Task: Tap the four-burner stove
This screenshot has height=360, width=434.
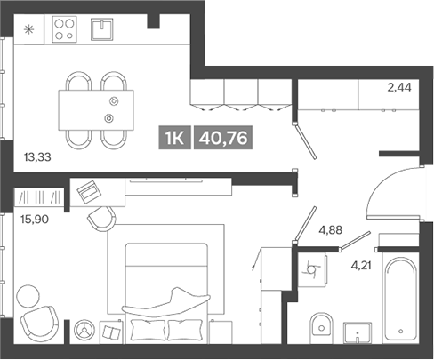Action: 65,30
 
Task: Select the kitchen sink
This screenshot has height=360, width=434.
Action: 106,30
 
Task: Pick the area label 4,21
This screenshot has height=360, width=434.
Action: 364,263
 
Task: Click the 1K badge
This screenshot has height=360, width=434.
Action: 175,137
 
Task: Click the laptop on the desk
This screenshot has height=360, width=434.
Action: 87,189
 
